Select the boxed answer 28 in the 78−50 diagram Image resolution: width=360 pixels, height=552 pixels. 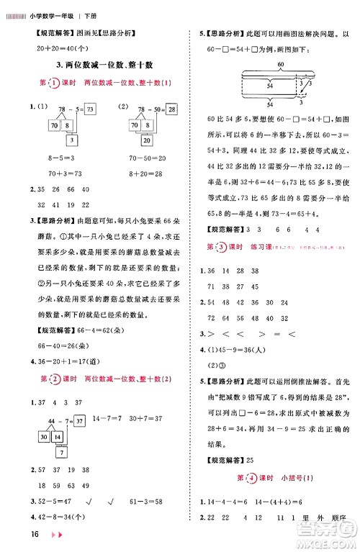click(171, 109)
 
